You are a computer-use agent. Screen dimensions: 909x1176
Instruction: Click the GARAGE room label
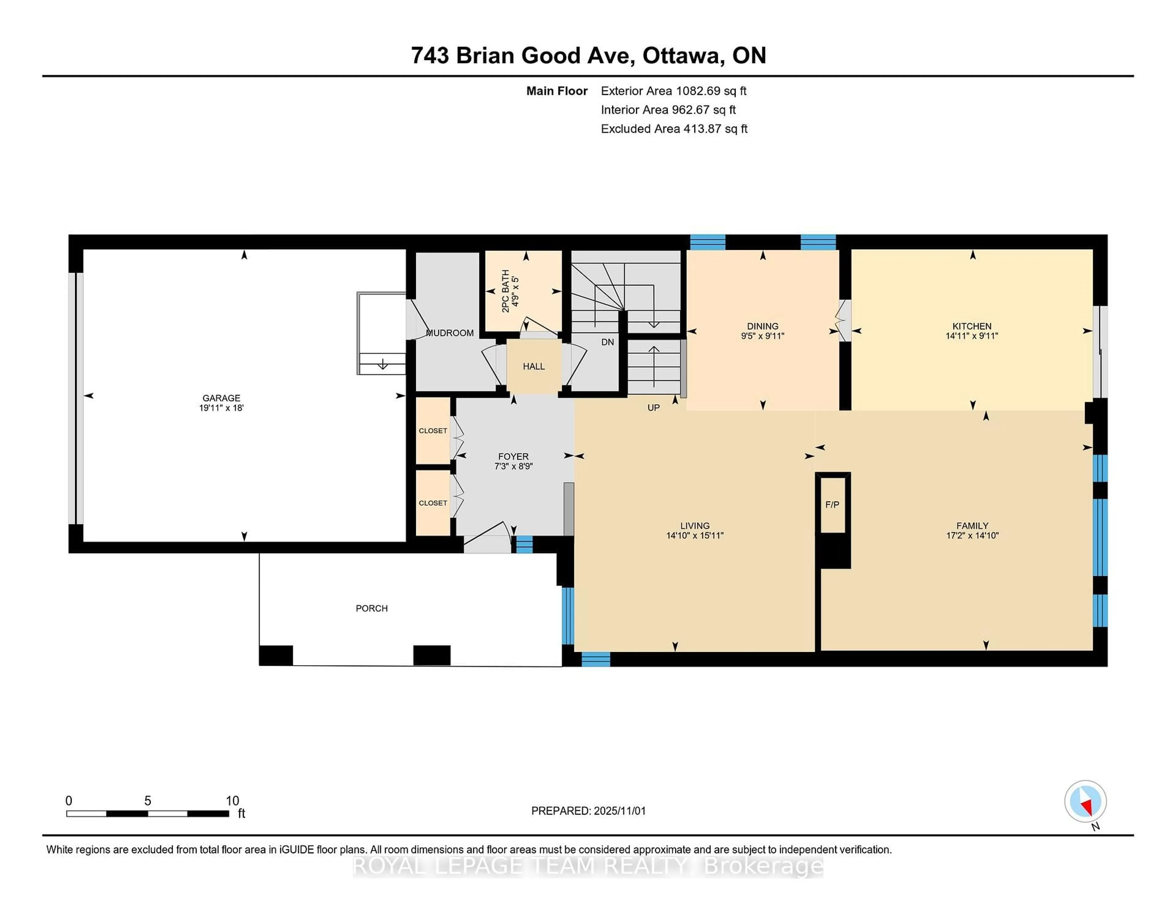pos(221,398)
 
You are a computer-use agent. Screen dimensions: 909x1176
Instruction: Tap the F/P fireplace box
pos(832,505)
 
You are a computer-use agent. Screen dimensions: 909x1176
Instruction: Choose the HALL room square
pos(533,366)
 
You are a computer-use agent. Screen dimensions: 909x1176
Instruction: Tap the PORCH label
pos(371,608)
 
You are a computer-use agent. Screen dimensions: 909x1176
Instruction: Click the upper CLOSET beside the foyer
pos(433,431)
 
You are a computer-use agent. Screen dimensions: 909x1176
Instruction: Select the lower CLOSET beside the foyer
pos(433,503)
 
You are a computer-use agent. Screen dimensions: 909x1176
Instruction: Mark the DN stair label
pos(607,342)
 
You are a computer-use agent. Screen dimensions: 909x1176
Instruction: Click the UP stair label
pos(653,408)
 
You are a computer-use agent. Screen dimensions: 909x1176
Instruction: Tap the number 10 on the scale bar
pos(232,801)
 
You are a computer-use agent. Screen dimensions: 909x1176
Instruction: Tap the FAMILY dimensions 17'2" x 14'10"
pos(972,535)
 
